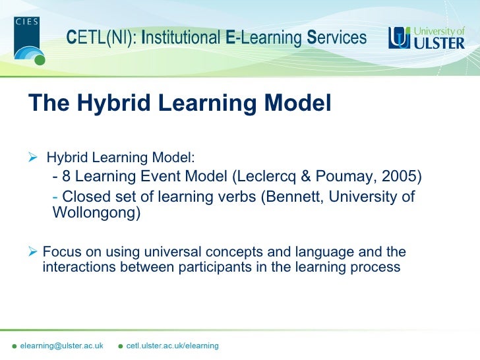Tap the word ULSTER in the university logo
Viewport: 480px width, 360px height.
click(439, 44)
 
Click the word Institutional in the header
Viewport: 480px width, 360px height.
click(181, 38)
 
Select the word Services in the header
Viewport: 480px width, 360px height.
click(337, 38)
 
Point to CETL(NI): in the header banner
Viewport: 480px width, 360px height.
click(102, 38)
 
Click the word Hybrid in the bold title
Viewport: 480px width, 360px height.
click(116, 104)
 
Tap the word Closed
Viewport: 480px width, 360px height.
click(85, 196)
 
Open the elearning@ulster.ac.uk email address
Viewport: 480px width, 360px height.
click(61, 346)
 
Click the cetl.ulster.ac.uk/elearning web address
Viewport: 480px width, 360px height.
click(172, 346)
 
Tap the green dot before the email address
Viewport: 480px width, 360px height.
click(14, 347)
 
